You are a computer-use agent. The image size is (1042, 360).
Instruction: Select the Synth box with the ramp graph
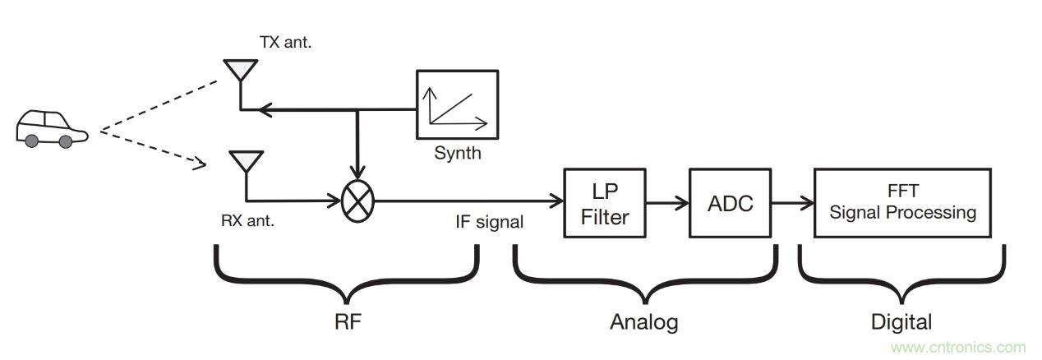pyautogui.click(x=456, y=105)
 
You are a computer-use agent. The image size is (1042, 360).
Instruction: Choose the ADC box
pyautogui.click(x=730, y=204)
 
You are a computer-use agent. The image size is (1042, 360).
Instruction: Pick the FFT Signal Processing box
pyautogui.click(x=902, y=204)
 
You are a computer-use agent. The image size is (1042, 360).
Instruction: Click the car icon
pyautogui.click(x=50, y=127)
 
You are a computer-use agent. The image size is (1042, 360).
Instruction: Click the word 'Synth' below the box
pyautogui.click(x=458, y=153)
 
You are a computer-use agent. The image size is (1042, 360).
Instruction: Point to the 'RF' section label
pyautogui.click(x=346, y=321)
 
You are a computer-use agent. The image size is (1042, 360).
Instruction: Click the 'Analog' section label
pyautogui.click(x=644, y=321)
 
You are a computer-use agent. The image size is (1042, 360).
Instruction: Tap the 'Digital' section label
pyautogui.click(x=901, y=321)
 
